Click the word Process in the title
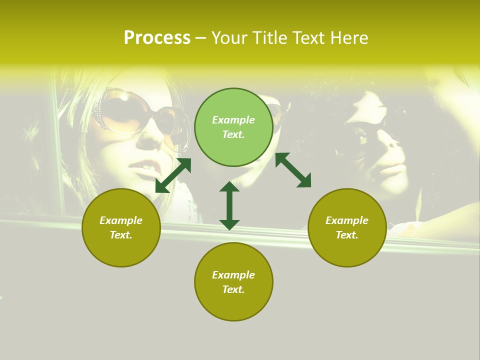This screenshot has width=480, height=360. coord(157,38)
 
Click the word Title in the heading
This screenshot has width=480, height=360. coord(269,38)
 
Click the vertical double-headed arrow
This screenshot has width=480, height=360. coord(229,205)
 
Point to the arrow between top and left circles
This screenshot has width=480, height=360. coord(173,175)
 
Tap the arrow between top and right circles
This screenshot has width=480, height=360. coord(293,170)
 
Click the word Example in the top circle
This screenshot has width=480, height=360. coord(233,120)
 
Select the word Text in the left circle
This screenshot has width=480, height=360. coord(121,235)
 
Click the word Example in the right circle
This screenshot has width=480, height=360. coord(347,220)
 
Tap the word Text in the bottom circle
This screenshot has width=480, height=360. coord(233,289)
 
